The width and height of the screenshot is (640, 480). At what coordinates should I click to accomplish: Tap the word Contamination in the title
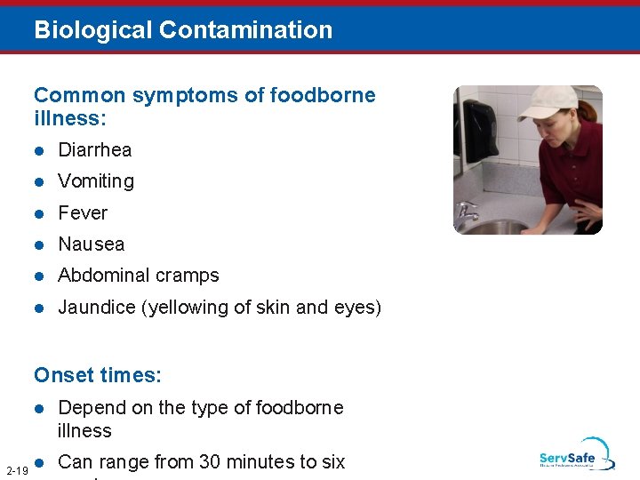click(x=246, y=30)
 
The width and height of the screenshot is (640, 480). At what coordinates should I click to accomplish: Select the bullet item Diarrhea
click(x=94, y=149)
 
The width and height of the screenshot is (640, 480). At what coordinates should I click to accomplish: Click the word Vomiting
click(x=96, y=181)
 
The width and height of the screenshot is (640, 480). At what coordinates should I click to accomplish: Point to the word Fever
click(x=83, y=213)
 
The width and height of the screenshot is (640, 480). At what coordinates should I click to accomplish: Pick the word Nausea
click(x=91, y=244)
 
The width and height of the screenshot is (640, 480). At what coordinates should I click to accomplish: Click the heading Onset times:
click(x=98, y=375)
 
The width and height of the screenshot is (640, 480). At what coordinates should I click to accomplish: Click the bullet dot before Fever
click(x=39, y=213)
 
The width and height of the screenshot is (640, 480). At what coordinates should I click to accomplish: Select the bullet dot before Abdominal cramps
click(x=39, y=276)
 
